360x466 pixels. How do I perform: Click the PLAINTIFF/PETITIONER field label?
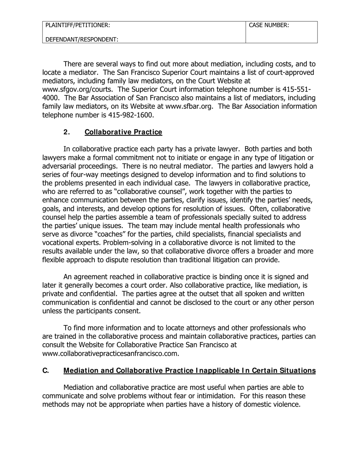click(78, 25)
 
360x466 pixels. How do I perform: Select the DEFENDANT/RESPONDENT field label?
click(82, 39)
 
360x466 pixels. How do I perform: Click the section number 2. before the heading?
click(67, 132)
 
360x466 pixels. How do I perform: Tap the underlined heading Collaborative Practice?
click(123, 132)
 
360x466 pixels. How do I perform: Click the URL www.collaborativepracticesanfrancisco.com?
click(110, 353)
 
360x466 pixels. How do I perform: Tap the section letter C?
click(45, 371)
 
